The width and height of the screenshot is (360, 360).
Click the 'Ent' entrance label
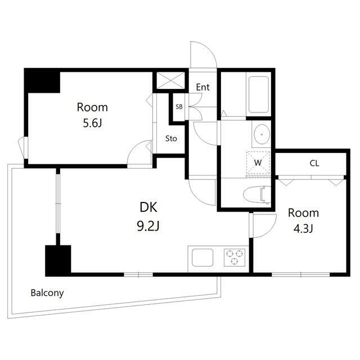(x=202, y=87)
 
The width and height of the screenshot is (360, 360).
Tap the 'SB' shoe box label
(x=179, y=107)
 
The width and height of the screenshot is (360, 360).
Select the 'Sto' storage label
(x=171, y=138)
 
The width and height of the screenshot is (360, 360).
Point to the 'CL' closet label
(x=314, y=163)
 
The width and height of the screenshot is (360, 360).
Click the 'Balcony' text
(x=47, y=293)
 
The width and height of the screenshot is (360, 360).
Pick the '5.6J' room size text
(x=92, y=124)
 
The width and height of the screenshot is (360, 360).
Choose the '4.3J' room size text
(x=303, y=229)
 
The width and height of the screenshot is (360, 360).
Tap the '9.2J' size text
(x=148, y=226)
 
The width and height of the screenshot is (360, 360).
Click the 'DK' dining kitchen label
(x=148, y=207)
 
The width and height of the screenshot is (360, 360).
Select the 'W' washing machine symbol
(x=258, y=163)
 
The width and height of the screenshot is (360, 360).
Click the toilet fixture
(x=257, y=195)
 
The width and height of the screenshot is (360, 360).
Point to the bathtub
(x=259, y=94)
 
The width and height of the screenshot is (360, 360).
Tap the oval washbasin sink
(x=262, y=134)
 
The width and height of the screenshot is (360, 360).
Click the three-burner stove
(x=235, y=258)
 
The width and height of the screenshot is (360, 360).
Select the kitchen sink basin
(x=202, y=258)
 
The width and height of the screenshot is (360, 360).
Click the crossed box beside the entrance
(x=170, y=80)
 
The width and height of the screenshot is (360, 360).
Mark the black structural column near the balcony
(x=58, y=260)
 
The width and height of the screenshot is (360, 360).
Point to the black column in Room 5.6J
(x=43, y=81)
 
